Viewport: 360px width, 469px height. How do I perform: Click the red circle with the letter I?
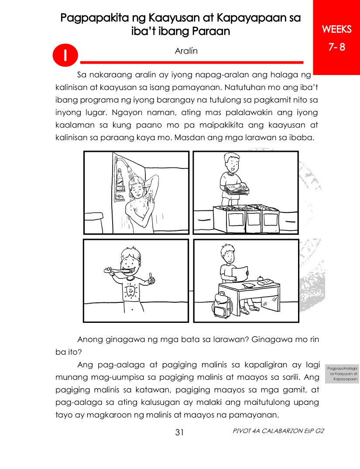click(65, 56)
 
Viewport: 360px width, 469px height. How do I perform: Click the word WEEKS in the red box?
click(337, 29)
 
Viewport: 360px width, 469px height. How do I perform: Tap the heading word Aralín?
click(186, 51)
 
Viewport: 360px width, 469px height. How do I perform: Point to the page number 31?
click(179, 432)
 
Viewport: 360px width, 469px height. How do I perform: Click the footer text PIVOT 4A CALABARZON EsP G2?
click(278, 431)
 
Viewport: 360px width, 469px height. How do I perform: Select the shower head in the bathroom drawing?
click(130, 169)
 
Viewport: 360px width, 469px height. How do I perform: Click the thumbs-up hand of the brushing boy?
click(151, 279)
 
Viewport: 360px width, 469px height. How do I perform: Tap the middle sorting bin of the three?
click(253, 219)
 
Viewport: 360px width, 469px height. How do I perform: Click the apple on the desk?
click(261, 279)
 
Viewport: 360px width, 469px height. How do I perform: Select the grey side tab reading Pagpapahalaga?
click(342, 373)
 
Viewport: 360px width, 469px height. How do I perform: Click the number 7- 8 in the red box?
click(337, 47)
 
